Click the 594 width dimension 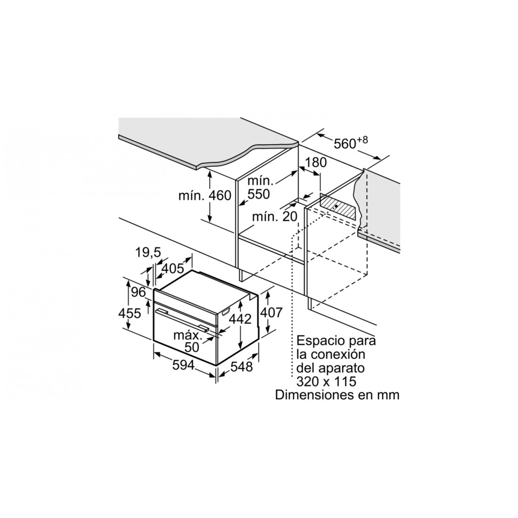point(183,365)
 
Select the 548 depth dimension point(241,367)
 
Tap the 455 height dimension point(129,313)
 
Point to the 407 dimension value point(271,312)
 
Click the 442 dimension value point(240,319)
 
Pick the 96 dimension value point(138,292)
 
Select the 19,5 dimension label point(148,253)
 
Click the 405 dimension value point(172,268)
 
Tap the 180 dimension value point(315,162)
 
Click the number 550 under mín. point(259,194)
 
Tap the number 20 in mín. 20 point(290,217)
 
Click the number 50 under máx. point(192,347)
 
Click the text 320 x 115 point(326,381)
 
